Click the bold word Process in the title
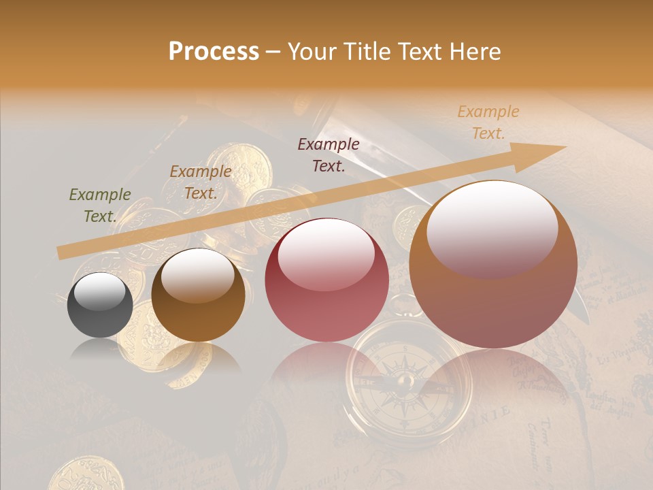tap(214, 52)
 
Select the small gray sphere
tap(100, 305)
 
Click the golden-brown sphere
tap(198, 295)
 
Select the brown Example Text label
tap(200, 182)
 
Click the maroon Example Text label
tap(329, 154)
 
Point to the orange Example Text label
tap(488, 122)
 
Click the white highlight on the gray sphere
tap(100, 291)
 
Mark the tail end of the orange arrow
tap(61, 252)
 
